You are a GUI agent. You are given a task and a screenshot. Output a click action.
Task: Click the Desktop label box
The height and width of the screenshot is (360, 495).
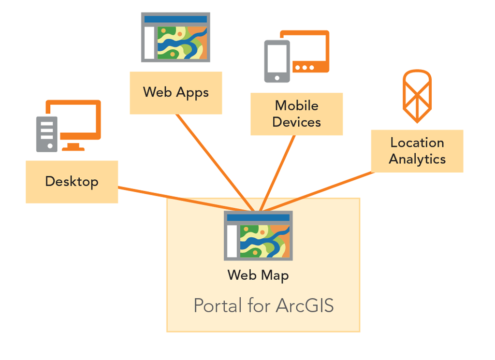tap(72, 182)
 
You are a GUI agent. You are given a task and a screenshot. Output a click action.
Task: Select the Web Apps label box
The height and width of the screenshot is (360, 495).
tap(175, 93)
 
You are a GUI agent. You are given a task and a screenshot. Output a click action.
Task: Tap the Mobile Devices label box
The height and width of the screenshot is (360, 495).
tap(296, 114)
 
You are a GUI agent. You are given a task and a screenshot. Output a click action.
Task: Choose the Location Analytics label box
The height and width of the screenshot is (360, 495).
tap(417, 151)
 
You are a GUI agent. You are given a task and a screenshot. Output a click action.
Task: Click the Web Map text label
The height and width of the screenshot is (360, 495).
tap(258, 275)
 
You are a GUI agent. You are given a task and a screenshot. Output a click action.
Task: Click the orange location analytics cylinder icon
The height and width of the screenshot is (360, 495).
tap(417, 96)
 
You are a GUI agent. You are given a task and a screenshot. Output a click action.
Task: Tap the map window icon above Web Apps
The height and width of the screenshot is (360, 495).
tap(175, 37)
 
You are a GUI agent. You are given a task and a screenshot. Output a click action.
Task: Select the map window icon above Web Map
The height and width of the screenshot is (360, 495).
tap(258, 235)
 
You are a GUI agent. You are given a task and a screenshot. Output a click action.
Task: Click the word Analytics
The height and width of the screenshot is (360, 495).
tap(417, 159)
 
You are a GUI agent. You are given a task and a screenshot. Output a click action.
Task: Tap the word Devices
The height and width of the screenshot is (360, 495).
tap(296, 122)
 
